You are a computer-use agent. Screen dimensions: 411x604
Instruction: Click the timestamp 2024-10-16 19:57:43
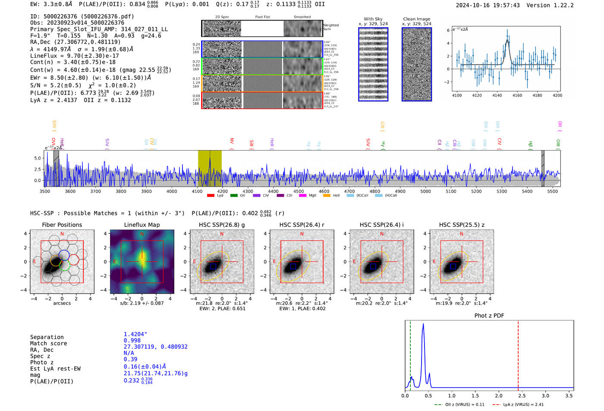(x=488, y=5)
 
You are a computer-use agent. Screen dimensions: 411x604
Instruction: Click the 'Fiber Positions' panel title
(x=62, y=225)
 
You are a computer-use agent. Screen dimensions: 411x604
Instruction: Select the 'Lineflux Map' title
(x=142, y=225)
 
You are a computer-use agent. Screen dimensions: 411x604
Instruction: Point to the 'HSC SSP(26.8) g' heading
(x=221, y=225)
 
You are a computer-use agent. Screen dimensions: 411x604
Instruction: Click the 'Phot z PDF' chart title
(x=489, y=316)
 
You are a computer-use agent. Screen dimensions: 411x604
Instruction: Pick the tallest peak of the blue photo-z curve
(x=423, y=324)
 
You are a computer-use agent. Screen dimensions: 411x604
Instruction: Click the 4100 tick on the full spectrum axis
(x=197, y=191)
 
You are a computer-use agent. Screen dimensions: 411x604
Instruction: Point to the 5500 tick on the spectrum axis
(x=552, y=191)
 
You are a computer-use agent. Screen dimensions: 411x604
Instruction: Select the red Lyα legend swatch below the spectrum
(x=211, y=196)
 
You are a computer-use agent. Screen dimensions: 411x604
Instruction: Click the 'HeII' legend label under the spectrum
(x=336, y=196)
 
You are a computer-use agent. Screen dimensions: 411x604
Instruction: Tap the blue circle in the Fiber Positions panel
(x=64, y=254)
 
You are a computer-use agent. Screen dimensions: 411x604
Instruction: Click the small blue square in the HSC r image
(x=293, y=266)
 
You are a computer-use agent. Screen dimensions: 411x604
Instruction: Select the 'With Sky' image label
(x=373, y=19)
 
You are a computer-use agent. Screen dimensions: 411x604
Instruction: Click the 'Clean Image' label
(x=416, y=19)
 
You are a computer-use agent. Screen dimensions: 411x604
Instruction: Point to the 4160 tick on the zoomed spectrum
(x=517, y=95)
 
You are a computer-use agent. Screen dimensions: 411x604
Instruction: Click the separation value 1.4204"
(x=135, y=334)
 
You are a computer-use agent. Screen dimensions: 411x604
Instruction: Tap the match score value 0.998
(x=132, y=341)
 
